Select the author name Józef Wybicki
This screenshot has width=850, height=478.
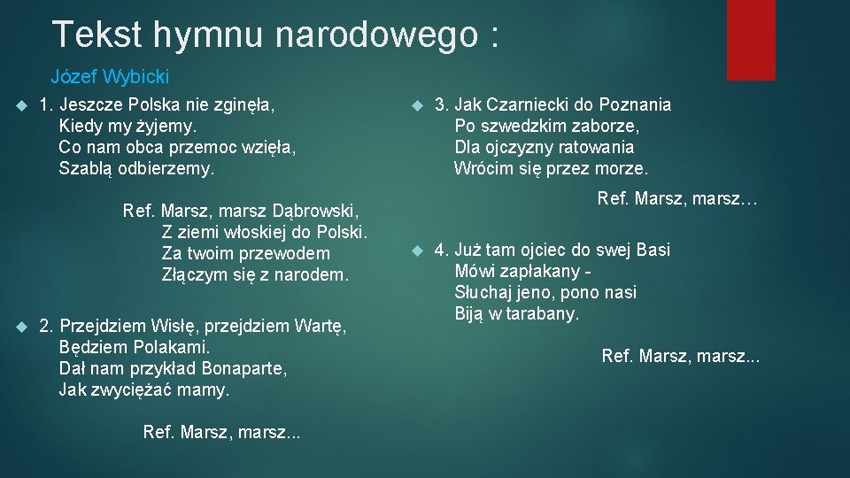pyautogui.click(x=110, y=77)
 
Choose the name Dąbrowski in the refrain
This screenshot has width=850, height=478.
pyautogui.click(x=319, y=212)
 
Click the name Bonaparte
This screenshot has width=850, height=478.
pyautogui.click(x=244, y=368)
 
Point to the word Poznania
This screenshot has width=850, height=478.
pyautogui.click(x=636, y=104)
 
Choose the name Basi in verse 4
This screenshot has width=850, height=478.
pyautogui.click(x=653, y=250)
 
